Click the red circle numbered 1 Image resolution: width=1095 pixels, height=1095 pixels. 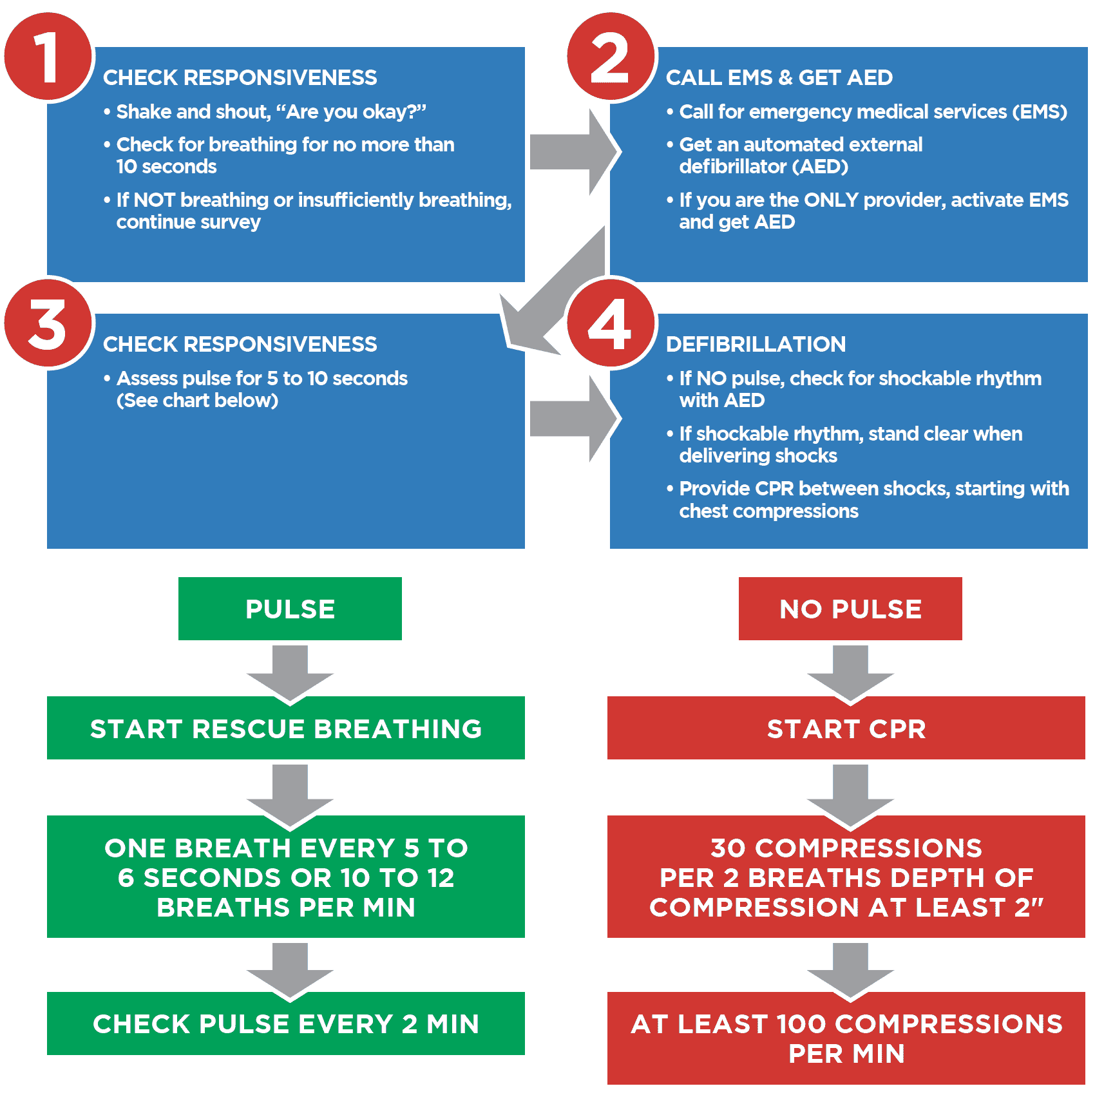click(x=48, y=57)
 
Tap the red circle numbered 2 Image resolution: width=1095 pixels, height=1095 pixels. click(x=611, y=57)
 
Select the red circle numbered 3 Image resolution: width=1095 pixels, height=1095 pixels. click(x=48, y=323)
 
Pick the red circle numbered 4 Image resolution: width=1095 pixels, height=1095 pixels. click(x=611, y=323)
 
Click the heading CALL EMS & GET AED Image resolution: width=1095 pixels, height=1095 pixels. click(x=779, y=78)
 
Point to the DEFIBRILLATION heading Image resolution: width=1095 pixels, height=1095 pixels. click(x=756, y=345)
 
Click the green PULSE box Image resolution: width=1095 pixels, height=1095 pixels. click(x=290, y=609)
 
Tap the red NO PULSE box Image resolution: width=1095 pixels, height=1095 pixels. click(x=850, y=609)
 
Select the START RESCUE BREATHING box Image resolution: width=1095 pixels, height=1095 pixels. click(x=286, y=728)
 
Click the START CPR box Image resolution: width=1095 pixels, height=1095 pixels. click(x=846, y=728)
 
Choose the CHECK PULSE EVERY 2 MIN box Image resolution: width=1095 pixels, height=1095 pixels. click(x=286, y=1024)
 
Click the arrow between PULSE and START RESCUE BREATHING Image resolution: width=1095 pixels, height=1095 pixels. click(x=290, y=673)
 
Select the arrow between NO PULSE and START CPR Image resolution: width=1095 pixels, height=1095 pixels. click(x=850, y=673)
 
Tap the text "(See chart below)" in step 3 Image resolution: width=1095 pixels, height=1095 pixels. click(x=197, y=401)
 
